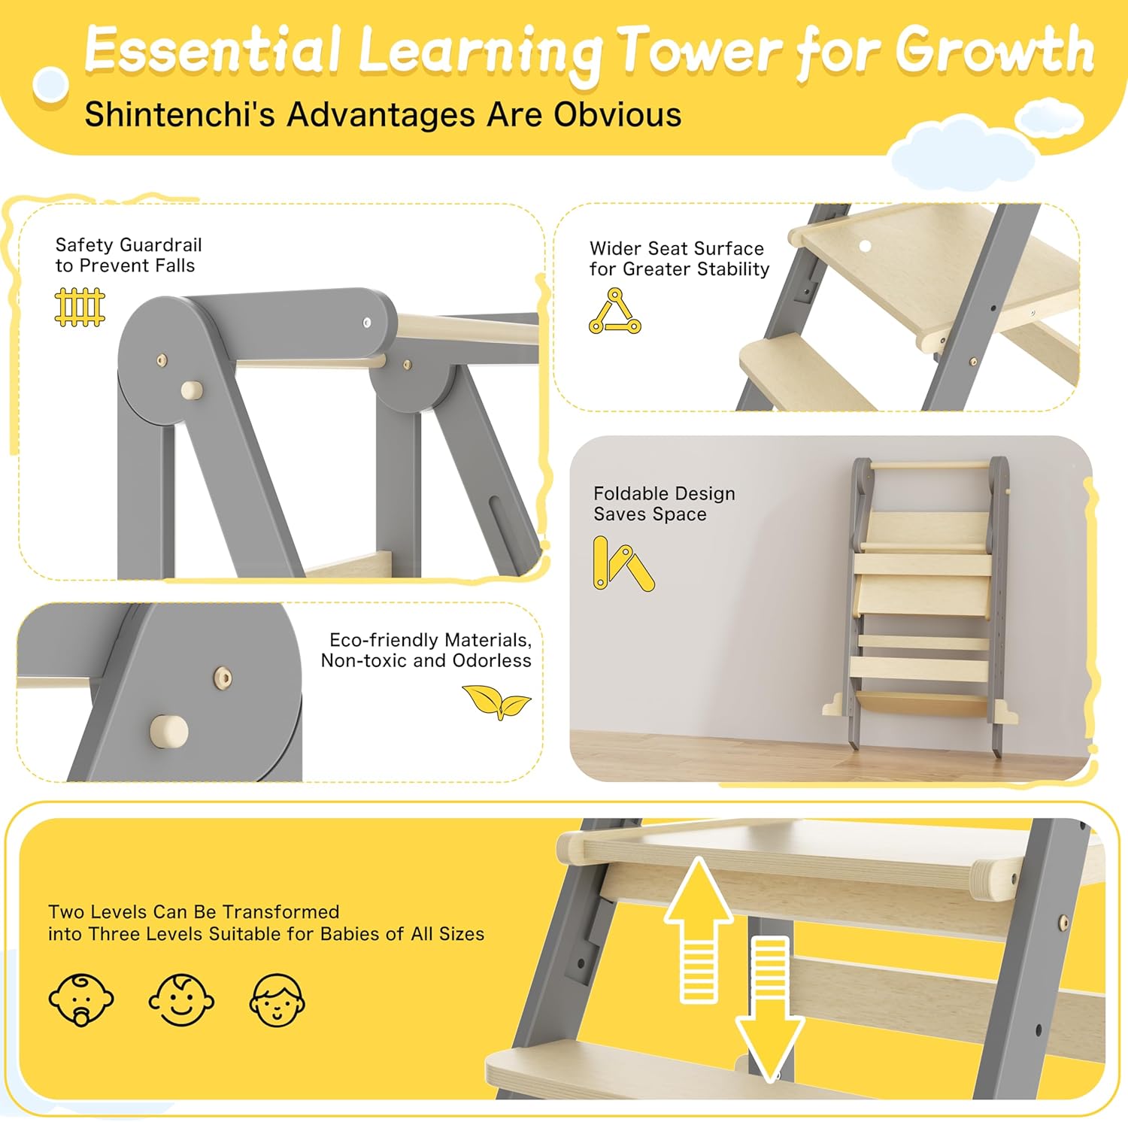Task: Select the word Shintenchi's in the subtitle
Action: pyautogui.click(x=180, y=114)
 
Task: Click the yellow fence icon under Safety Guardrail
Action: pyautogui.click(x=80, y=307)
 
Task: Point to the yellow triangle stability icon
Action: pyautogui.click(x=615, y=311)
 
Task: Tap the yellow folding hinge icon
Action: pyautogui.click(x=623, y=563)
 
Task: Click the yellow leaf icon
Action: pyautogui.click(x=496, y=702)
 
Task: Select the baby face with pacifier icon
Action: pyautogui.click(x=81, y=999)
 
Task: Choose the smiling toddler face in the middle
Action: pyautogui.click(x=181, y=999)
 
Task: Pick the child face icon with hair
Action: pyautogui.click(x=277, y=1000)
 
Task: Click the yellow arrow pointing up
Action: pyautogui.click(x=699, y=930)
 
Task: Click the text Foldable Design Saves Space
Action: pyautogui.click(x=664, y=504)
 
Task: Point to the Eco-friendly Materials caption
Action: pyautogui.click(x=426, y=650)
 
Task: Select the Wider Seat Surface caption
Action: pyautogui.click(x=679, y=259)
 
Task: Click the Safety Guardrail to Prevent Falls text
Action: pyautogui.click(x=128, y=255)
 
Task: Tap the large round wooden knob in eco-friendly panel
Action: pyautogui.click(x=169, y=731)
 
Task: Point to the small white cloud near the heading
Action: pyautogui.click(x=1049, y=119)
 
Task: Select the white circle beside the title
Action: pyautogui.click(x=51, y=84)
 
